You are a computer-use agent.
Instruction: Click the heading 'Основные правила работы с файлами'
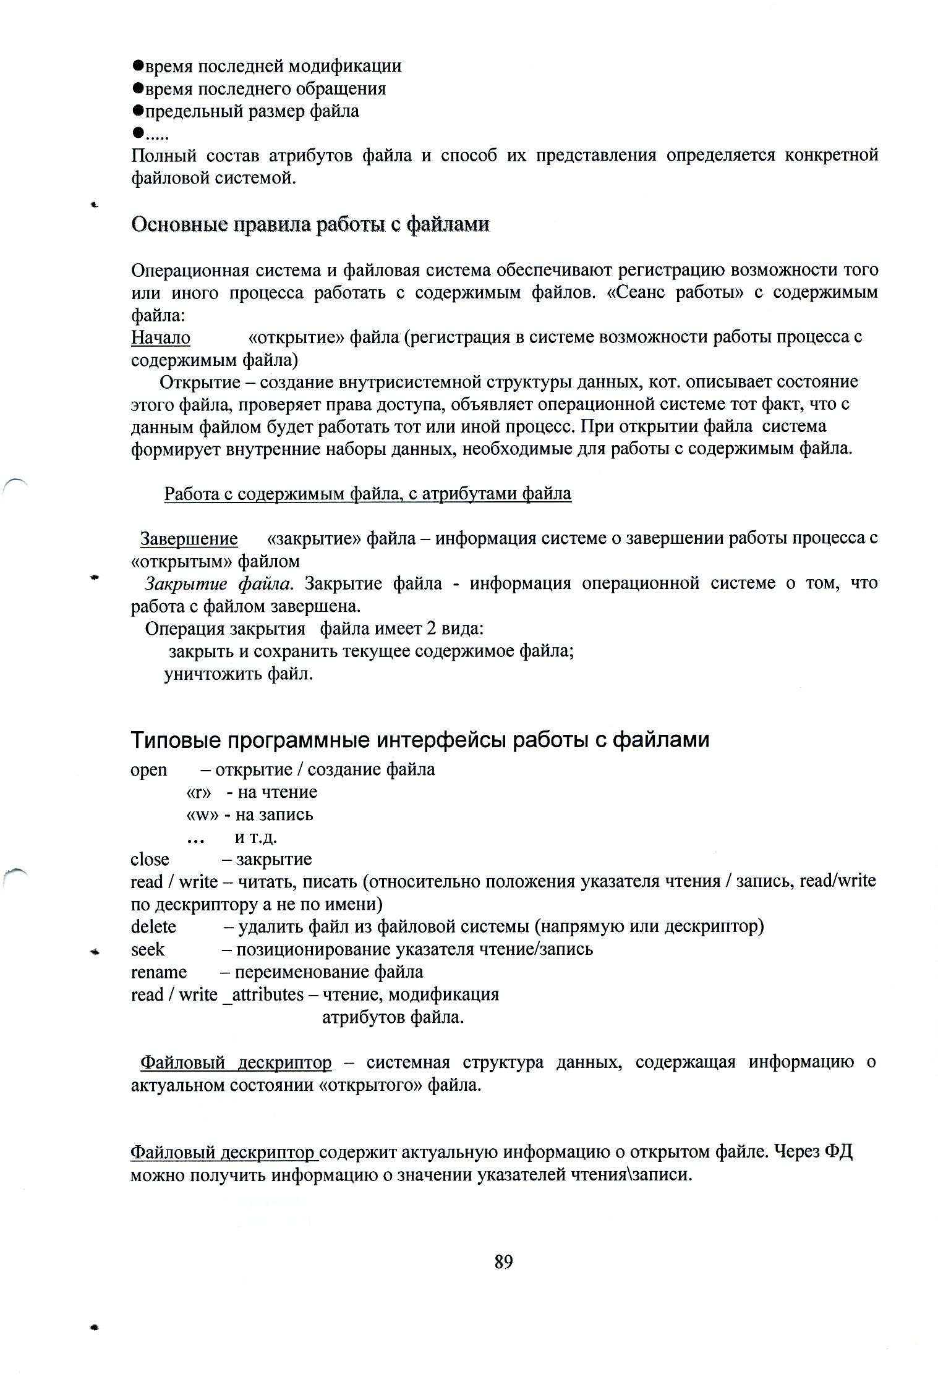click(310, 224)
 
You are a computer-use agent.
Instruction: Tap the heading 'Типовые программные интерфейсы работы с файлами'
click(420, 740)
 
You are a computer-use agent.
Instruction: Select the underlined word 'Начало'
click(161, 337)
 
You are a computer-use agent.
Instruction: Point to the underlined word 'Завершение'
click(189, 539)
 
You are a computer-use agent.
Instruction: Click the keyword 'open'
click(149, 769)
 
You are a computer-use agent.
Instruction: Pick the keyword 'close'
click(150, 860)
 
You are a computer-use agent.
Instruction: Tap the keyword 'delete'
click(153, 927)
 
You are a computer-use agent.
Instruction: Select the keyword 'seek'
click(148, 949)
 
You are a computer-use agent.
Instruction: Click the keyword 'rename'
click(159, 972)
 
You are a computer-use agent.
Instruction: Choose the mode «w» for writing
click(202, 815)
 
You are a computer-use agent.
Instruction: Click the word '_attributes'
click(263, 995)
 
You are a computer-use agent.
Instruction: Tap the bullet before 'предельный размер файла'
click(138, 111)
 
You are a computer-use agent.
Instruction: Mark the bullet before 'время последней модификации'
click(138, 65)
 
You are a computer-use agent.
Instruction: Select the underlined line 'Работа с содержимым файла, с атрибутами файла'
click(368, 494)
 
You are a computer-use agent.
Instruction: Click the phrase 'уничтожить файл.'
click(239, 674)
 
